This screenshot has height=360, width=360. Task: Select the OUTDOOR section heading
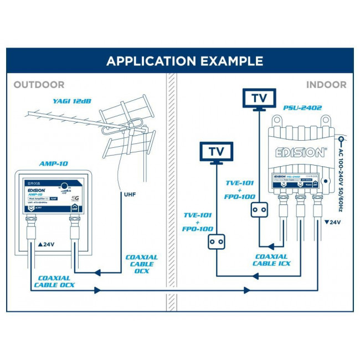39,85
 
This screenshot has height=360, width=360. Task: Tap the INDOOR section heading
326,85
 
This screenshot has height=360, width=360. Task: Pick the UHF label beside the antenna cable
130,195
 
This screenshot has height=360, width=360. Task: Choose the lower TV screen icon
216,151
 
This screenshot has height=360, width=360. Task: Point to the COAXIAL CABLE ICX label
271,260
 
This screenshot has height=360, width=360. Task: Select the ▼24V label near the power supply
332,223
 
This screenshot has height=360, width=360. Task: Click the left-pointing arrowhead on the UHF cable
97,272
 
